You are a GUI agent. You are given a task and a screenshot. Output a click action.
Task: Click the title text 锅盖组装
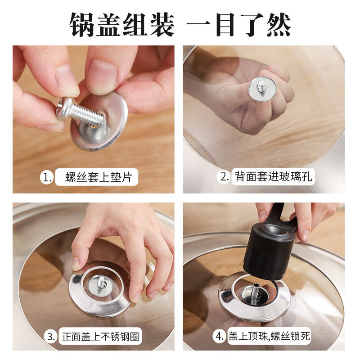coord(122,25)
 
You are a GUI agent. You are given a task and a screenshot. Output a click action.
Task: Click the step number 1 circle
coord(47,177)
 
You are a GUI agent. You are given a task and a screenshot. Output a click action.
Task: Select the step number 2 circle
coord(224,177)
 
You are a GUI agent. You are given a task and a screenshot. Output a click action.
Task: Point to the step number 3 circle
coord(50,337)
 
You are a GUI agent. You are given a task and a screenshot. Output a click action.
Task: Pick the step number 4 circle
coord(220,337)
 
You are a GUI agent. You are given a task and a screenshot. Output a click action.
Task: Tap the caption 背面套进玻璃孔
coord(274,177)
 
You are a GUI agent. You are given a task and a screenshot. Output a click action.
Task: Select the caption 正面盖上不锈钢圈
coord(100,337)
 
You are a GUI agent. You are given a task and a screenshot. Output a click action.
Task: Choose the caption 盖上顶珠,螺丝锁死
coord(269,337)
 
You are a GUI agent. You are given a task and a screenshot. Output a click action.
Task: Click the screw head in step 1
coord(64,108)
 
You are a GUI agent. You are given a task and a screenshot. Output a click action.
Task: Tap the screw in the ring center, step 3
coord(101,282)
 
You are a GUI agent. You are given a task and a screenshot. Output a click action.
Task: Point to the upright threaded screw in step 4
coord(256,292)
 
